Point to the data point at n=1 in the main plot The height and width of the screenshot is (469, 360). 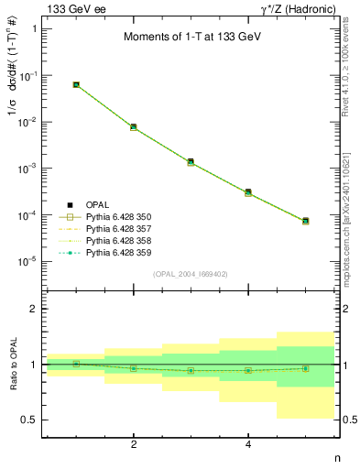tap(76, 84)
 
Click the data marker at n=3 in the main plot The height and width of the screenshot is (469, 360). tap(191, 162)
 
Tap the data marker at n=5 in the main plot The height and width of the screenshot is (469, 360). tap(305, 221)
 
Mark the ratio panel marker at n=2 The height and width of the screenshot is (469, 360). tap(134, 368)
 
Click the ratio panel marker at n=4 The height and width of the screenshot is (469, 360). tap(248, 370)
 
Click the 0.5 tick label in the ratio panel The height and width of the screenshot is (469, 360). tap(30, 420)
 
